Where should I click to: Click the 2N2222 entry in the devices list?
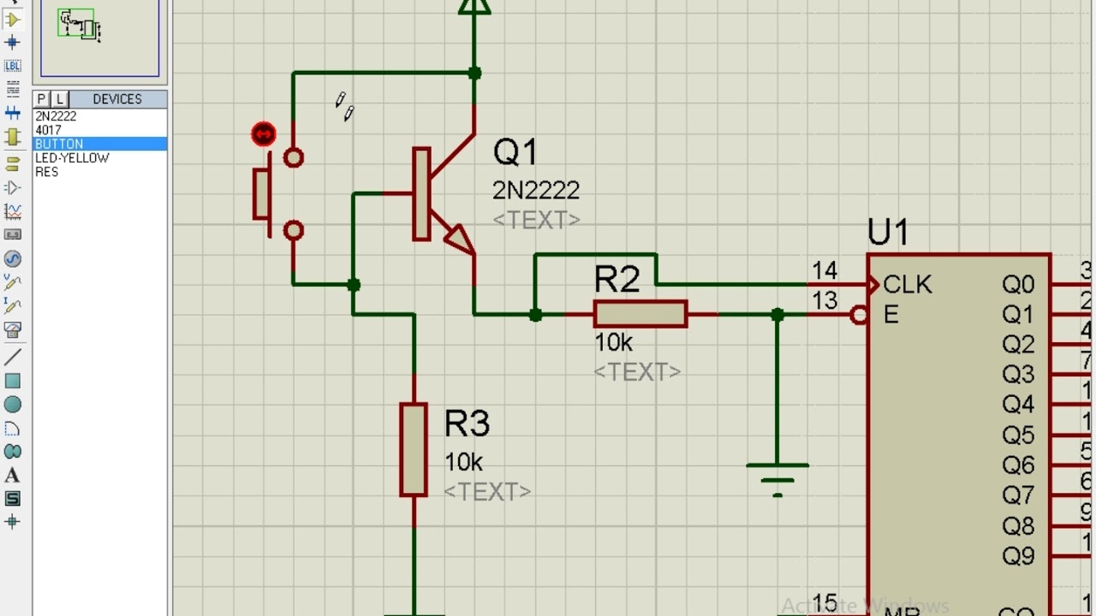pyautogui.click(x=57, y=116)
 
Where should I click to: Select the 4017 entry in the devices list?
pyautogui.click(x=49, y=130)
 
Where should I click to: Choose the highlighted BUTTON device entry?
pyautogui.click(x=60, y=144)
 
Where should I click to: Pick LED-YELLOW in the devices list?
pyautogui.click(x=72, y=158)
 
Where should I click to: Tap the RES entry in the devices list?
pyautogui.click(x=47, y=172)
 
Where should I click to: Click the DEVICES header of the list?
pyautogui.click(x=117, y=99)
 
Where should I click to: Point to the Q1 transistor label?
pyautogui.click(x=515, y=152)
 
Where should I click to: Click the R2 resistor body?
pyautogui.click(x=640, y=314)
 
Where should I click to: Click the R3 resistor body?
pyautogui.click(x=414, y=450)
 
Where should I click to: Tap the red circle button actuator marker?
pyautogui.click(x=264, y=134)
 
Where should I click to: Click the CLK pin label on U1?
pyautogui.click(x=908, y=285)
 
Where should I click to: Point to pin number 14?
pyautogui.click(x=825, y=271)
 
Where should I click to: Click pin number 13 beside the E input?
pyautogui.click(x=825, y=300)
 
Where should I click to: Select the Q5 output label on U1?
pyautogui.click(x=1018, y=435)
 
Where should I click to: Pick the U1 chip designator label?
pyautogui.click(x=888, y=233)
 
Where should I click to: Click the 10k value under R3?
pyautogui.click(x=463, y=462)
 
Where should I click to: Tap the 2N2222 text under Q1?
pyautogui.click(x=536, y=190)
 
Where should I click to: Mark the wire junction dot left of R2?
pyautogui.click(x=535, y=315)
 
